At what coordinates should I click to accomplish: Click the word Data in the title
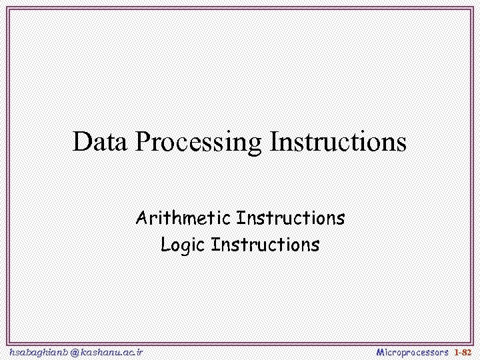point(101,142)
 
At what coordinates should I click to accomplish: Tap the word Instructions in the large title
point(338,142)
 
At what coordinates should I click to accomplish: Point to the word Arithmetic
point(183,218)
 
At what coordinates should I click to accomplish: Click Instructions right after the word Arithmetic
point(291,218)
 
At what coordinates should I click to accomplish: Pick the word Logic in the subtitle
point(183,245)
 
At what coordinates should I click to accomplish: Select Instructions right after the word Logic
point(265,245)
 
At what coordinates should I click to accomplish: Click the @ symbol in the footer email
point(74,351)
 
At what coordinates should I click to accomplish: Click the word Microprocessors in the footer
point(412,351)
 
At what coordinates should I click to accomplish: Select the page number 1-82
point(462,351)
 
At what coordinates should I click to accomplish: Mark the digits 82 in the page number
point(466,351)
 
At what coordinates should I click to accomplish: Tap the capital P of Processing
point(142,142)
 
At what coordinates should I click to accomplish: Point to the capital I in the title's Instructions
point(273,142)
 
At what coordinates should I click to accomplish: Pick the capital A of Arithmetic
point(141,218)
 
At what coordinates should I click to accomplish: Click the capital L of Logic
point(165,245)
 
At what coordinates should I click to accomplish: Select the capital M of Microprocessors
point(381,351)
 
